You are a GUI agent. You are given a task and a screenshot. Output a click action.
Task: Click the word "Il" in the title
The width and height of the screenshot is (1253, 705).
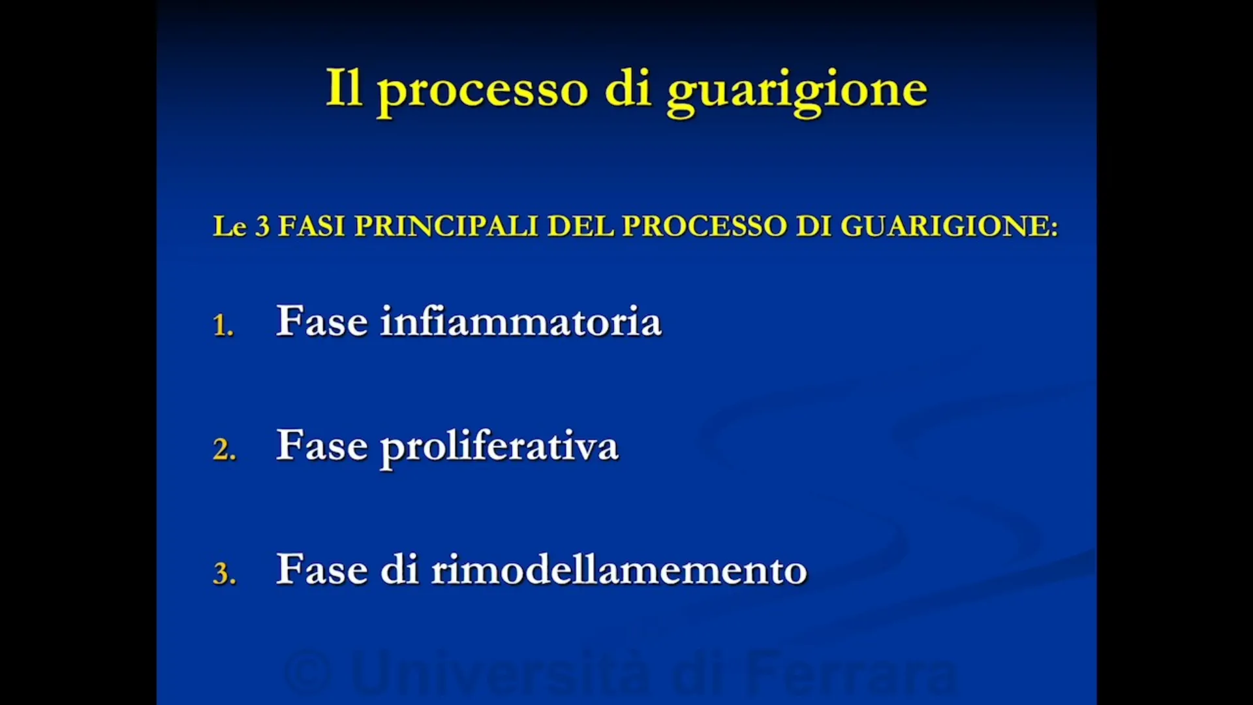pos(344,88)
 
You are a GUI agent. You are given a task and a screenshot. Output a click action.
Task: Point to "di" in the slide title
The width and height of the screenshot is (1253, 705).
pos(628,88)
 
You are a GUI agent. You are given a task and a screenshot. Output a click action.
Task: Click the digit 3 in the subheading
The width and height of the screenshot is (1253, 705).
pos(262,227)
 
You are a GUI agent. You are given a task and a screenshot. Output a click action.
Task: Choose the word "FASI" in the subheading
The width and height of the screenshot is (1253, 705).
pos(311,227)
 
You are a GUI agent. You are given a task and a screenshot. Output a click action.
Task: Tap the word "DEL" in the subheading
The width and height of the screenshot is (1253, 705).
pos(580,227)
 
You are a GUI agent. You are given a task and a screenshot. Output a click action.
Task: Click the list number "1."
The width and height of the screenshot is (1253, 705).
pos(223,325)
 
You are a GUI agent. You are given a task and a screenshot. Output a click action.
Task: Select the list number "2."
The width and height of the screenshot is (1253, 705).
pos(224,449)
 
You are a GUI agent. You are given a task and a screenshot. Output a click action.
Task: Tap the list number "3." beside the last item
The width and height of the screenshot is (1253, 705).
pos(224,573)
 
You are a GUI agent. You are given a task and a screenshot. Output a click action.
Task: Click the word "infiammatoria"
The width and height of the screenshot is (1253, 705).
pos(521,321)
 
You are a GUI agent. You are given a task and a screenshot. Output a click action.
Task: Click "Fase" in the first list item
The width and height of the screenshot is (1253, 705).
pos(322,321)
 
